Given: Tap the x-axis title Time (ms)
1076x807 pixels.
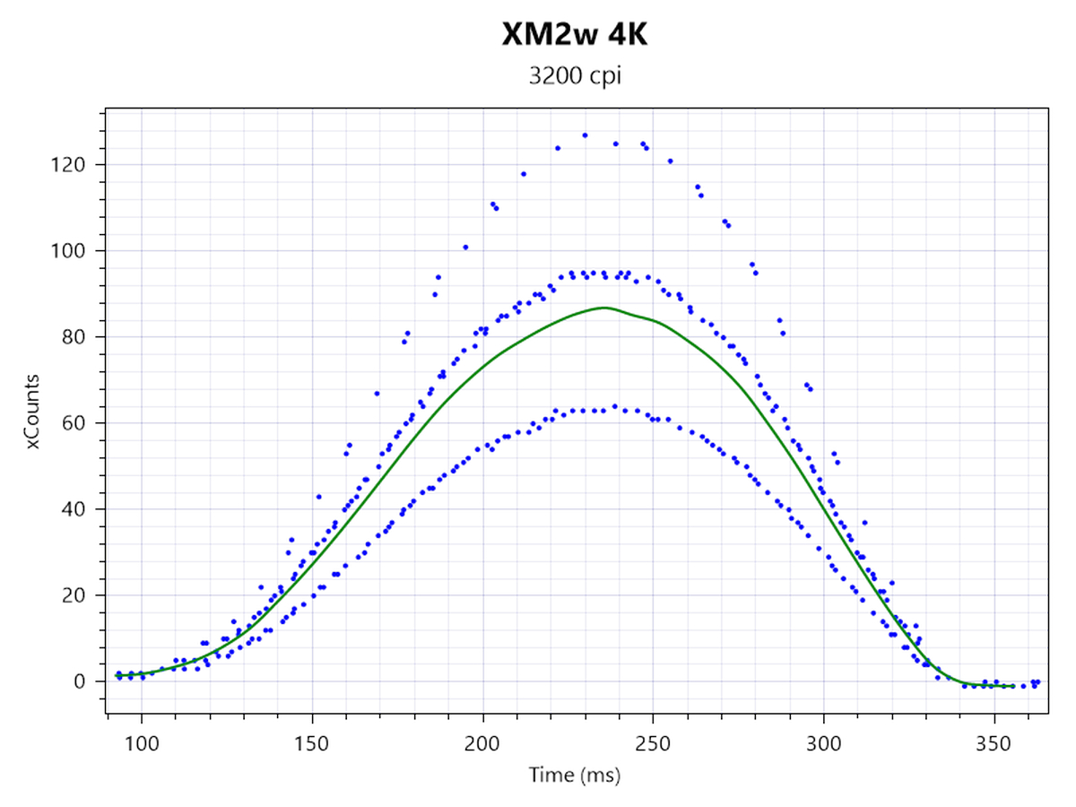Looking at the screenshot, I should coord(576,773).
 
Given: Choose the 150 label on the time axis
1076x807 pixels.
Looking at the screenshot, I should coord(312,743).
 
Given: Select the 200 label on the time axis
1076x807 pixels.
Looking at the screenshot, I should coord(482,743).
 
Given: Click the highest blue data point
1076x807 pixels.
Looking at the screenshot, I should coord(585,135).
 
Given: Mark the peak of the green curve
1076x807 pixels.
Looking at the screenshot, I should coord(604,308).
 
